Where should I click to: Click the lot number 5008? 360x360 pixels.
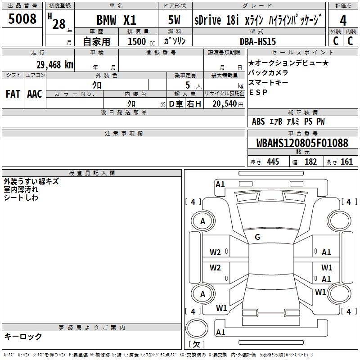[22, 19]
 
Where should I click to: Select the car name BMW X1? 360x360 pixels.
[116, 21]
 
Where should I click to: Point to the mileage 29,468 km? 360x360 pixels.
[54, 64]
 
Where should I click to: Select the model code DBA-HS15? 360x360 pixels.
[258, 41]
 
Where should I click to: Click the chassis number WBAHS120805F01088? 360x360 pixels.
[302, 143]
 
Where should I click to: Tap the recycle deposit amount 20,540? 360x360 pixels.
[225, 103]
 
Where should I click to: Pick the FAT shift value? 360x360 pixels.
[13, 94]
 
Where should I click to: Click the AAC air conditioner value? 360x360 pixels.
[35, 94]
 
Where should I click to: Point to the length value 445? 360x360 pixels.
[273, 162]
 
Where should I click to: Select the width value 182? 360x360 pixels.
[310, 162]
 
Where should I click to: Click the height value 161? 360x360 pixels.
[347, 162]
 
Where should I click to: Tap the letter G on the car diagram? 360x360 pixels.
[257, 237]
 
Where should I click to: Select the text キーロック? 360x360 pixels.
[23, 337]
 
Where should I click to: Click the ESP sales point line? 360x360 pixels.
[258, 92]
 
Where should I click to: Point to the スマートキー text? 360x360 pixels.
[268, 82]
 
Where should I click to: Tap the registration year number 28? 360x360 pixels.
[58, 24]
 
